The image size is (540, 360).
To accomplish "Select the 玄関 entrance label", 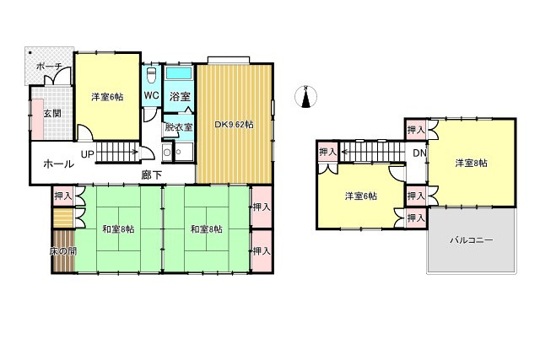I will (x=40, y=113).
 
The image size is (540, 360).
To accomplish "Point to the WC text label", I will (x=151, y=95).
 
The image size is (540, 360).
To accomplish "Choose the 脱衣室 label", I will (x=179, y=127).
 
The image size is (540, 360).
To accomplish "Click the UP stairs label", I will (x=88, y=154).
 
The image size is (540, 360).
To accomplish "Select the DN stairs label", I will (x=419, y=153).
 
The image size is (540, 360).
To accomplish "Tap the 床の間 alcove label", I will (x=62, y=251).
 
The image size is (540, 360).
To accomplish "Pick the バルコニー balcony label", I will (x=472, y=240).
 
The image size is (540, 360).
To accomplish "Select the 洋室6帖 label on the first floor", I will (x=107, y=97).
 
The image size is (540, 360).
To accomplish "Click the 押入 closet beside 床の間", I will (x=62, y=196).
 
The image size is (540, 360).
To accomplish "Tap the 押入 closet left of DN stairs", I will (x=327, y=152).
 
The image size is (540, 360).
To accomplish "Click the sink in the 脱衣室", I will (x=167, y=153).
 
